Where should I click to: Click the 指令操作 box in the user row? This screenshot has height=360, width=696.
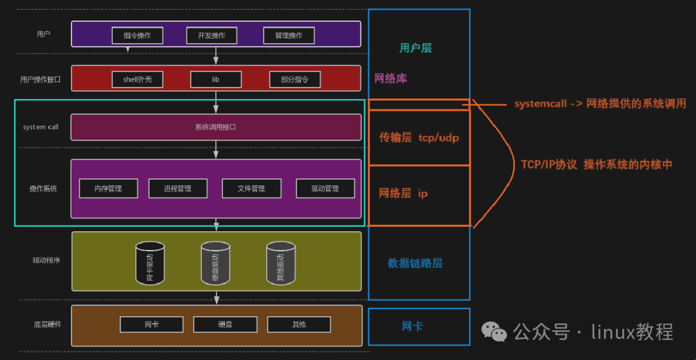coord(137,35)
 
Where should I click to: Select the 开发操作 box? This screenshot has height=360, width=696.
coord(211,35)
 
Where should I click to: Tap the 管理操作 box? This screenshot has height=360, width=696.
coord(289,35)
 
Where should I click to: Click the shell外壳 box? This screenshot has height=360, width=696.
coord(137,79)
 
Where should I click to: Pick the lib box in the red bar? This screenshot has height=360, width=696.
coord(216,79)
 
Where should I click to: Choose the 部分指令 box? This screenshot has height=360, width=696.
coord(295,79)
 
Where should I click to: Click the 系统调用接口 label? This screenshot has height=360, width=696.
coord(215,127)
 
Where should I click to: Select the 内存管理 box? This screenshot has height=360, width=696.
coord(108,189)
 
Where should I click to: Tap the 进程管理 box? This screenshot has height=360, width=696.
coord(178,189)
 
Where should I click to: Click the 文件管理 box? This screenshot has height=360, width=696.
coord(251,189)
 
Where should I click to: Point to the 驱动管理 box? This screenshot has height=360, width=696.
coord(325,189)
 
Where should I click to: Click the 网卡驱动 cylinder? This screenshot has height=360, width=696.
coord(150,263)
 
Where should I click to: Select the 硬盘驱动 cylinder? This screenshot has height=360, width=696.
coord(216,263)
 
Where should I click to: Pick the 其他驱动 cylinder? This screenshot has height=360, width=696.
coord(281,263)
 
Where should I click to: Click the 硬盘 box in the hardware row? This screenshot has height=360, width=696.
coord(226,324)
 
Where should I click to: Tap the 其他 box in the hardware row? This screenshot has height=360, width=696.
coord(299,324)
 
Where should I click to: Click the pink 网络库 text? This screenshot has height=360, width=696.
coord(391,79)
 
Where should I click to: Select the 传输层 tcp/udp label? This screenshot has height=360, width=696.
coord(419,137)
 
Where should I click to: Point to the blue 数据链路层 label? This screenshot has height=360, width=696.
coord(415,263)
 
